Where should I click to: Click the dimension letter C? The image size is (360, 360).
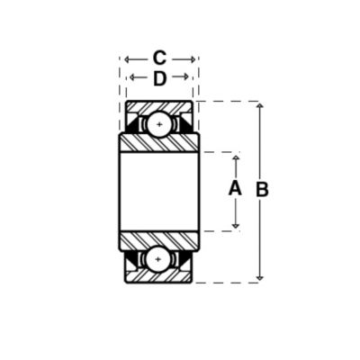coord(159,58)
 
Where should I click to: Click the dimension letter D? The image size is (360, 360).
coord(159,78)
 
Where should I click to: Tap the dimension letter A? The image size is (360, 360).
coord(235,188)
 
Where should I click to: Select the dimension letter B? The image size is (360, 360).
coord(262,190)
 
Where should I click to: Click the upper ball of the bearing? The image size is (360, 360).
coord(159,124)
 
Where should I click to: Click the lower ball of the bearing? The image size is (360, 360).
coord(158,259)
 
